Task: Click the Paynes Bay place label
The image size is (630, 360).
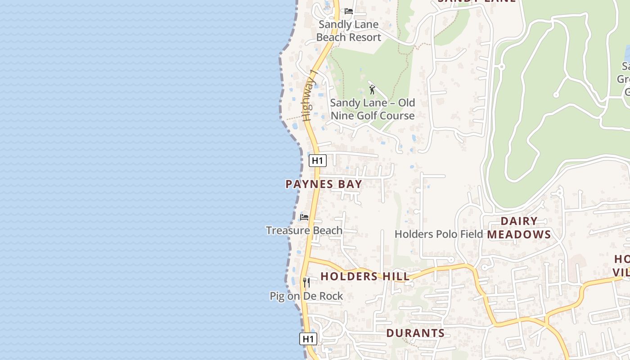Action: pos(324,184)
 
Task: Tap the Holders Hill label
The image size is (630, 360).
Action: pos(364,276)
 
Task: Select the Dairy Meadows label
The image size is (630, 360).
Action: pos(519,228)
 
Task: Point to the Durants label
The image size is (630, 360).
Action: pos(415,333)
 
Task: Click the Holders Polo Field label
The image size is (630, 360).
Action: pos(438,234)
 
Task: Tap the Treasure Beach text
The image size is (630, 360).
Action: pos(304,230)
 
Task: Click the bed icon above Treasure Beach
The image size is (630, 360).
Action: pos(304,217)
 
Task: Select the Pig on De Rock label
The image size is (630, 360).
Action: pos(306,296)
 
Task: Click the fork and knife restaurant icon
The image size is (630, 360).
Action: pos(306,283)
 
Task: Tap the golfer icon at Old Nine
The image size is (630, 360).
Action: pos(372,90)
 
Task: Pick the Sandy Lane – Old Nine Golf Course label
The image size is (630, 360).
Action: pos(373,109)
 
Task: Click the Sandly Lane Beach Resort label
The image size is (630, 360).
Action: pos(349,31)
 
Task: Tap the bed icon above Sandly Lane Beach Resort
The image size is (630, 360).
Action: pos(349,11)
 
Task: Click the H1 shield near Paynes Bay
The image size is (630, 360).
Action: pos(317,160)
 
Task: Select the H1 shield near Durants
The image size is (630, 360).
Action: pos(308,339)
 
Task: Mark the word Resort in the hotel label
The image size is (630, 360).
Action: pos(364,37)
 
